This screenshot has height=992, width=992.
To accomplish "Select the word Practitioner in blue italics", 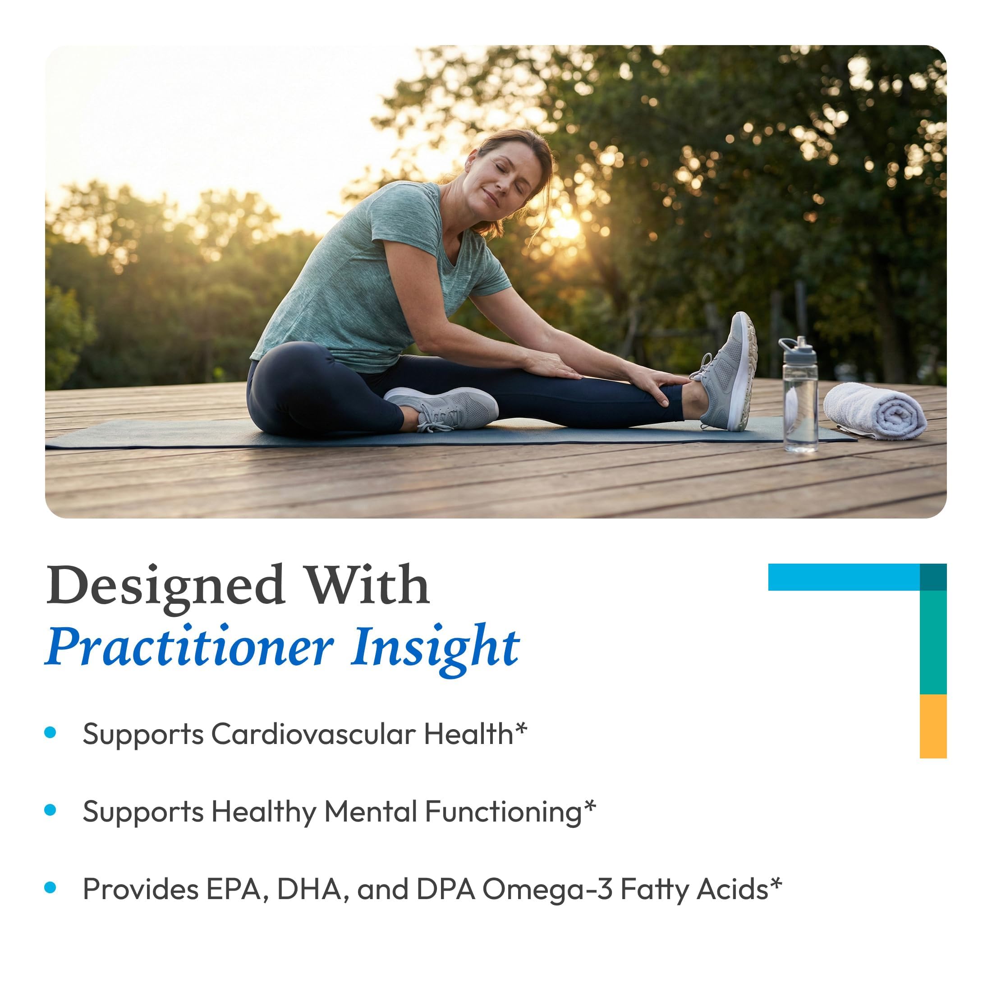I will click(x=189, y=647).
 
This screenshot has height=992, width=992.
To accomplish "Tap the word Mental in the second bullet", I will click(x=370, y=812).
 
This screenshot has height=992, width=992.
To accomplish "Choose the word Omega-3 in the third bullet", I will click(x=547, y=890).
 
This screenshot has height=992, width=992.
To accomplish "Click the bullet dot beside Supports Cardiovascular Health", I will click(x=51, y=733).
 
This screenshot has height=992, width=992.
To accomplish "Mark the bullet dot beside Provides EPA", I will click(x=51, y=887).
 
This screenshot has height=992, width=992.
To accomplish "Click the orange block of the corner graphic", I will click(x=933, y=726).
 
